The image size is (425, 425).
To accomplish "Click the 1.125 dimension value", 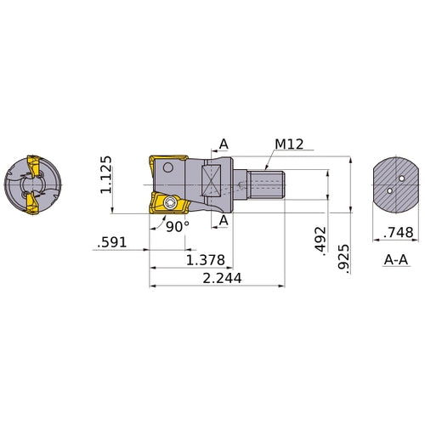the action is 106,174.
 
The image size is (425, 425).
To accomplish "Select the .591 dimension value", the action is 111,242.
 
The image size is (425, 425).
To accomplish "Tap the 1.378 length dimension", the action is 206,260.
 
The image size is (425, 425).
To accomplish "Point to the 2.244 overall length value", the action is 222,278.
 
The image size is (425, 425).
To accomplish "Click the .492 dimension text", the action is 320,239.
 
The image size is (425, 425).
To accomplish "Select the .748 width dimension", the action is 399,233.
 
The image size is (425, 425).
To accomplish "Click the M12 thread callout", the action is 289,144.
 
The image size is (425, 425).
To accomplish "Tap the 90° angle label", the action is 178,227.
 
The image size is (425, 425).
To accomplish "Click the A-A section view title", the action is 396,260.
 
